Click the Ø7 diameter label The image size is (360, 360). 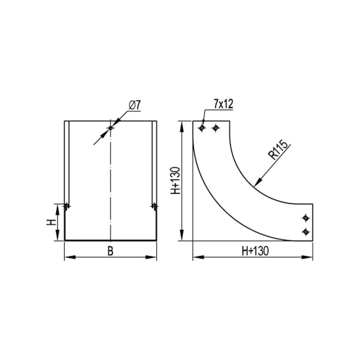[x=134, y=105]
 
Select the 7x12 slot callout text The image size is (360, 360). [x=223, y=104]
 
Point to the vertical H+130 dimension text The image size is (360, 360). [x=175, y=181]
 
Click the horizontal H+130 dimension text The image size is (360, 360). [x=255, y=251]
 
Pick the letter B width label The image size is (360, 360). [x=111, y=251]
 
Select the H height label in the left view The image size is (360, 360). [x=51, y=222]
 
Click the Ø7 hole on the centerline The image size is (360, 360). [x=111, y=128]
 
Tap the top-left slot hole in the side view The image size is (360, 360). [x=202, y=128]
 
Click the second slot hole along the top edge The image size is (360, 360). [x=215, y=128]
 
